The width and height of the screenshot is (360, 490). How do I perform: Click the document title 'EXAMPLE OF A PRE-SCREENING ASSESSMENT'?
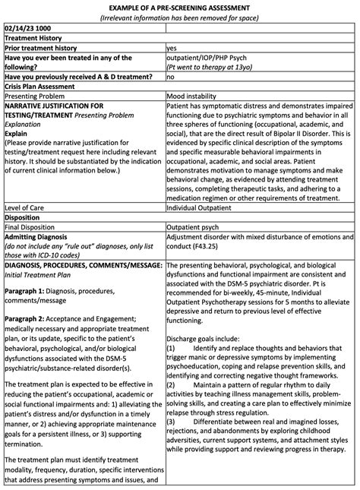[x=179, y=6]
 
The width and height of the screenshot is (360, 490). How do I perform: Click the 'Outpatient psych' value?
[x=194, y=226]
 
